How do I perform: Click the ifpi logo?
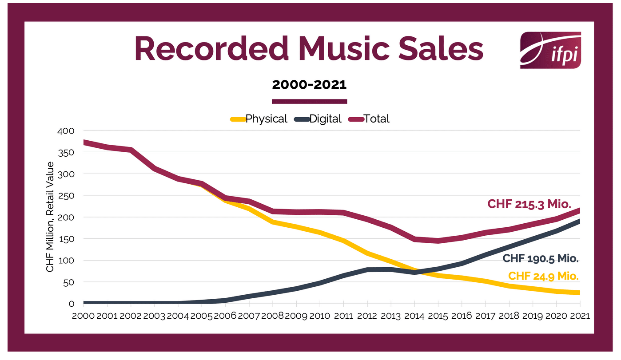pos(550,50)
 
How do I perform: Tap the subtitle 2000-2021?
pos(309,85)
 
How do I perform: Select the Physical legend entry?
pos(266,119)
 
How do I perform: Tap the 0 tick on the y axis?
pos(71,304)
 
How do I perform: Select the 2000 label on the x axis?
pos(84,316)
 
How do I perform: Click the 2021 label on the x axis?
pos(579,316)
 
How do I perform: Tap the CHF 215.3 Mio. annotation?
pos(529,204)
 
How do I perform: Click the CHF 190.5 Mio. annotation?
pos(541,259)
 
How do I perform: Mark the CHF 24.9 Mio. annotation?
pos(543,276)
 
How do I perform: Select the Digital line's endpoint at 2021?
pos(579,221)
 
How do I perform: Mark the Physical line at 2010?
pos(320,233)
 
